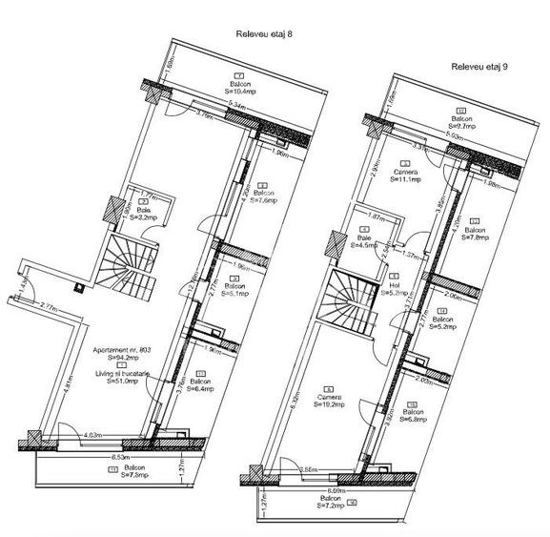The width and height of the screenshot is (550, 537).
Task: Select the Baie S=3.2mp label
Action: (143, 215)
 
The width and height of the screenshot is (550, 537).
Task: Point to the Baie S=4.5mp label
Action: (363, 242)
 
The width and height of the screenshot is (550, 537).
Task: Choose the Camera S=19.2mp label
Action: (328, 400)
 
